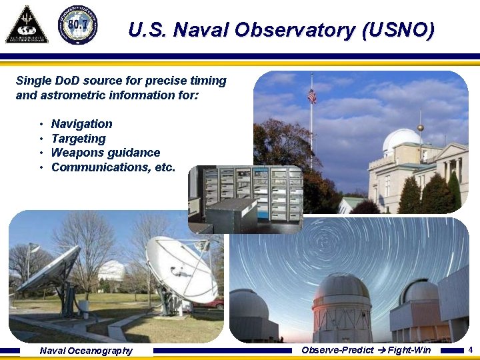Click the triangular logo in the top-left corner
27,25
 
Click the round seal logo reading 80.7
77,25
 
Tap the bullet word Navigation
81,124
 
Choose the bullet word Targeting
78,139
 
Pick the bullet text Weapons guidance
105,153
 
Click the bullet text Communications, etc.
113,167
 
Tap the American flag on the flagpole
311,96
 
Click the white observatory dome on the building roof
401,141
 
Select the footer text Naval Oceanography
86,351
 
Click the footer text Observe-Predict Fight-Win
366,350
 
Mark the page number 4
471,350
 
